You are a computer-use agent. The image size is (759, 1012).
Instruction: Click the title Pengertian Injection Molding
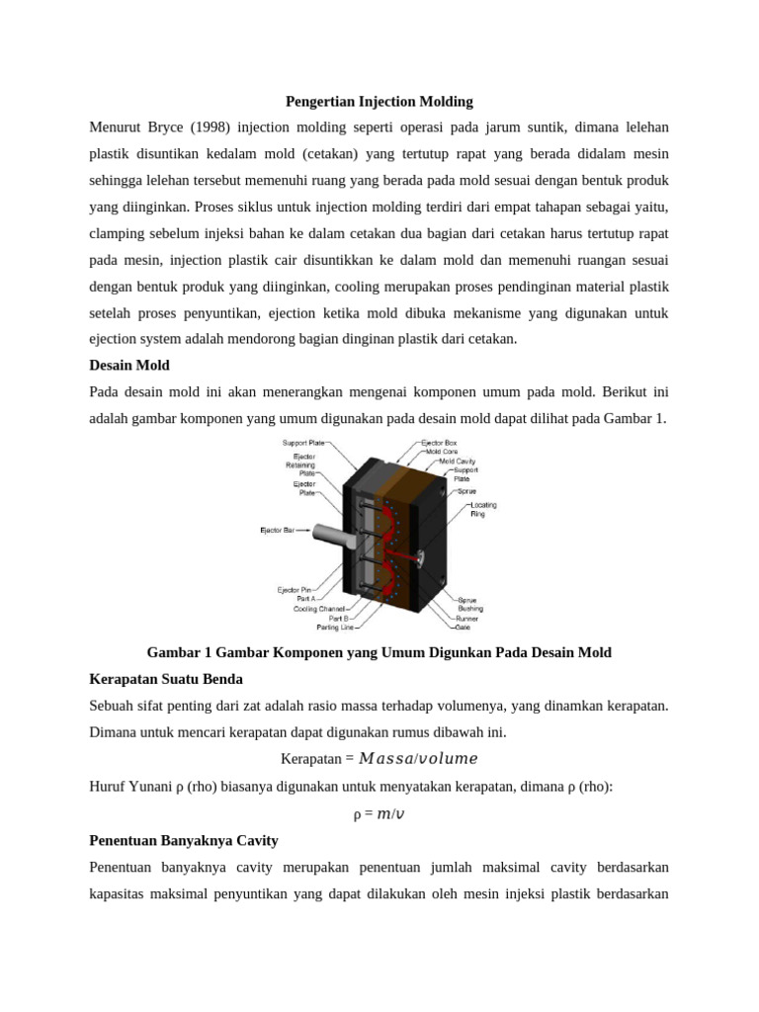(x=379, y=101)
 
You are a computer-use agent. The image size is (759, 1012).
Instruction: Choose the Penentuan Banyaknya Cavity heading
(x=183, y=840)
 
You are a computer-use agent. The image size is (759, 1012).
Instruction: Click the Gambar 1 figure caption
(x=379, y=652)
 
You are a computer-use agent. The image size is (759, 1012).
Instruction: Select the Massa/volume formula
(x=418, y=759)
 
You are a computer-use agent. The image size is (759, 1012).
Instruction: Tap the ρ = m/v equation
(x=379, y=814)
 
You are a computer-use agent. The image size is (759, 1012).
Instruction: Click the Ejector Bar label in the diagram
(x=278, y=531)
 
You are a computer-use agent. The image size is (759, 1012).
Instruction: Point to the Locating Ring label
(x=483, y=509)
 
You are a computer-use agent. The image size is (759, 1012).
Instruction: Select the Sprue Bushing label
(x=471, y=604)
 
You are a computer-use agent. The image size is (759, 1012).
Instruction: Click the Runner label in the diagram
(x=467, y=618)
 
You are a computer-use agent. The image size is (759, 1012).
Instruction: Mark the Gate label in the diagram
(x=463, y=627)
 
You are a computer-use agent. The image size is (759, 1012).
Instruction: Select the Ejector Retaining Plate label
(x=300, y=464)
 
